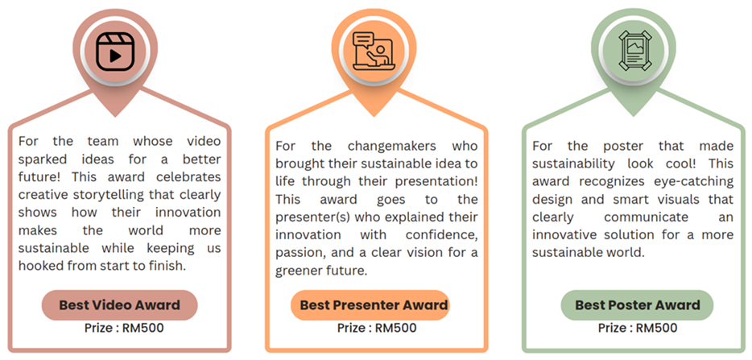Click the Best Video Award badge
(x=119, y=304)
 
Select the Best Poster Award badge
(x=638, y=304)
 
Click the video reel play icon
(x=115, y=52)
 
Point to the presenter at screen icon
(x=374, y=52)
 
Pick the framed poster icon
(x=633, y=52)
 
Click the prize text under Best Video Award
(x=124, y=329)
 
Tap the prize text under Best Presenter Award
(x=377, y=329)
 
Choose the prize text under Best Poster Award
(x=638, y=329)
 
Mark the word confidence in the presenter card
(x=442, y=235)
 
